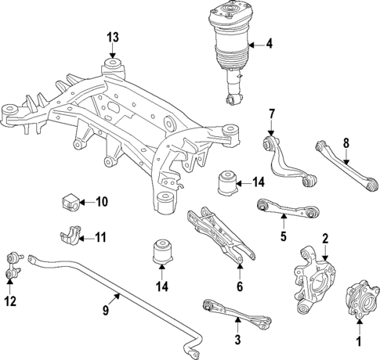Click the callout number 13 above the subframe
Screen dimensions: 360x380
pos(113,37)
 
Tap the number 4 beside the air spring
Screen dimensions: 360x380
pos(269,44)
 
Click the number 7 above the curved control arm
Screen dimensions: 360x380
pos(272,116)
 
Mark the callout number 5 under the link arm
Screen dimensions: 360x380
pos(283,235)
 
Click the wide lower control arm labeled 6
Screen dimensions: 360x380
pos(221,236)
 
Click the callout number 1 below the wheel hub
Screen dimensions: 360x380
pos(360,340)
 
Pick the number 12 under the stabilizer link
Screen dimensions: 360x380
pos(10,301)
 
